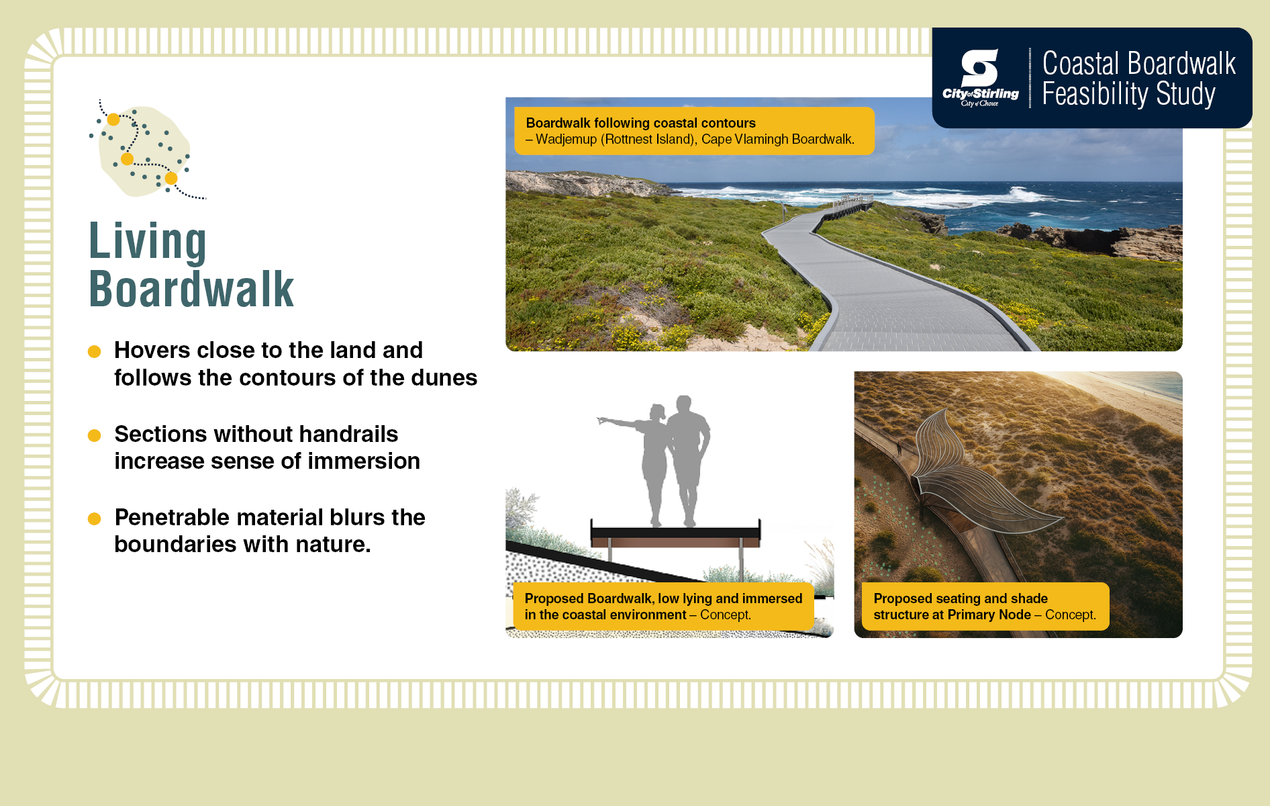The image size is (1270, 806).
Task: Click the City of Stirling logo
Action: (x=980, y=78)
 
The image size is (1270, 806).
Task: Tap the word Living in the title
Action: (x=148, y=242)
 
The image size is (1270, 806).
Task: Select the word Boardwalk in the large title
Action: (x=191, y=289)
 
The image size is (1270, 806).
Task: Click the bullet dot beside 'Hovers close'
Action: (x=95, y=351)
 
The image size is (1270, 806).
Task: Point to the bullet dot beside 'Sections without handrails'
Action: (x=95, y=435)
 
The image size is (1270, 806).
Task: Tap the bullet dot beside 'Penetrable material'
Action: (x=95, y=519)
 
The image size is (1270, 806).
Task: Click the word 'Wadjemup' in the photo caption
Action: (x=566, y=140)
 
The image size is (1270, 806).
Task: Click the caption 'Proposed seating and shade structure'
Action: (x=985, y=607)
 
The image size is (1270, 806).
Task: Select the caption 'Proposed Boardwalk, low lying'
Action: (x=663, y=607)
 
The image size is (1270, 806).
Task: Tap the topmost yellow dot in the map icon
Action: (x=113, y=120)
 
